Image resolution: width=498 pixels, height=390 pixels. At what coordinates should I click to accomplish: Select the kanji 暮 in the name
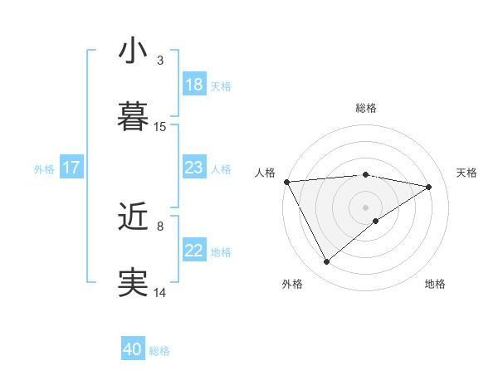[133, 116]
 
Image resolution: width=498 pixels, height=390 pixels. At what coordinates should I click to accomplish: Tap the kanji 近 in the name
[133, 217]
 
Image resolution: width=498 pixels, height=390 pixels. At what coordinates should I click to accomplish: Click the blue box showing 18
[194, 85]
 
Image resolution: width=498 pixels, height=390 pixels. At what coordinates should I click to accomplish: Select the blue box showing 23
[194, 168]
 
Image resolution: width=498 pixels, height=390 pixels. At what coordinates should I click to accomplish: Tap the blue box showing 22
[194, 251]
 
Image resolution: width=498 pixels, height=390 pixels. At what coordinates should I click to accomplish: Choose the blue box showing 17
[71, 168]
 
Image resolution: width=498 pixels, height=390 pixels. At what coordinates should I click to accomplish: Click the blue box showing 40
[133, 349]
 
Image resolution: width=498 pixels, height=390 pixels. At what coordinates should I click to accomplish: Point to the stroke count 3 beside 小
[160, 61]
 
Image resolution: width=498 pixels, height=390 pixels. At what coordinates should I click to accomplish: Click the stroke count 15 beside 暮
[160, 127]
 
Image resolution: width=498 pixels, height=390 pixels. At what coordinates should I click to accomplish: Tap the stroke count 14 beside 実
[160, 292]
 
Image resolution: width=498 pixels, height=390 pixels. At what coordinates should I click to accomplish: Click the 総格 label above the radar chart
[366, 108]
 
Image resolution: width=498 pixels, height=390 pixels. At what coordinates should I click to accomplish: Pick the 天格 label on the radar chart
[466, 173]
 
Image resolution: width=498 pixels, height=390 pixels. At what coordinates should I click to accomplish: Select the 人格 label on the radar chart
[265, 173]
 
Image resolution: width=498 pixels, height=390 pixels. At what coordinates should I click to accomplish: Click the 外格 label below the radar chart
[292, 285]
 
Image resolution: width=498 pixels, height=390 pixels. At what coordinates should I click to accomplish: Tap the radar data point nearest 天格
[429, 187]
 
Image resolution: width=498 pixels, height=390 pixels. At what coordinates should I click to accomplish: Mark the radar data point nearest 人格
[286, 182]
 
